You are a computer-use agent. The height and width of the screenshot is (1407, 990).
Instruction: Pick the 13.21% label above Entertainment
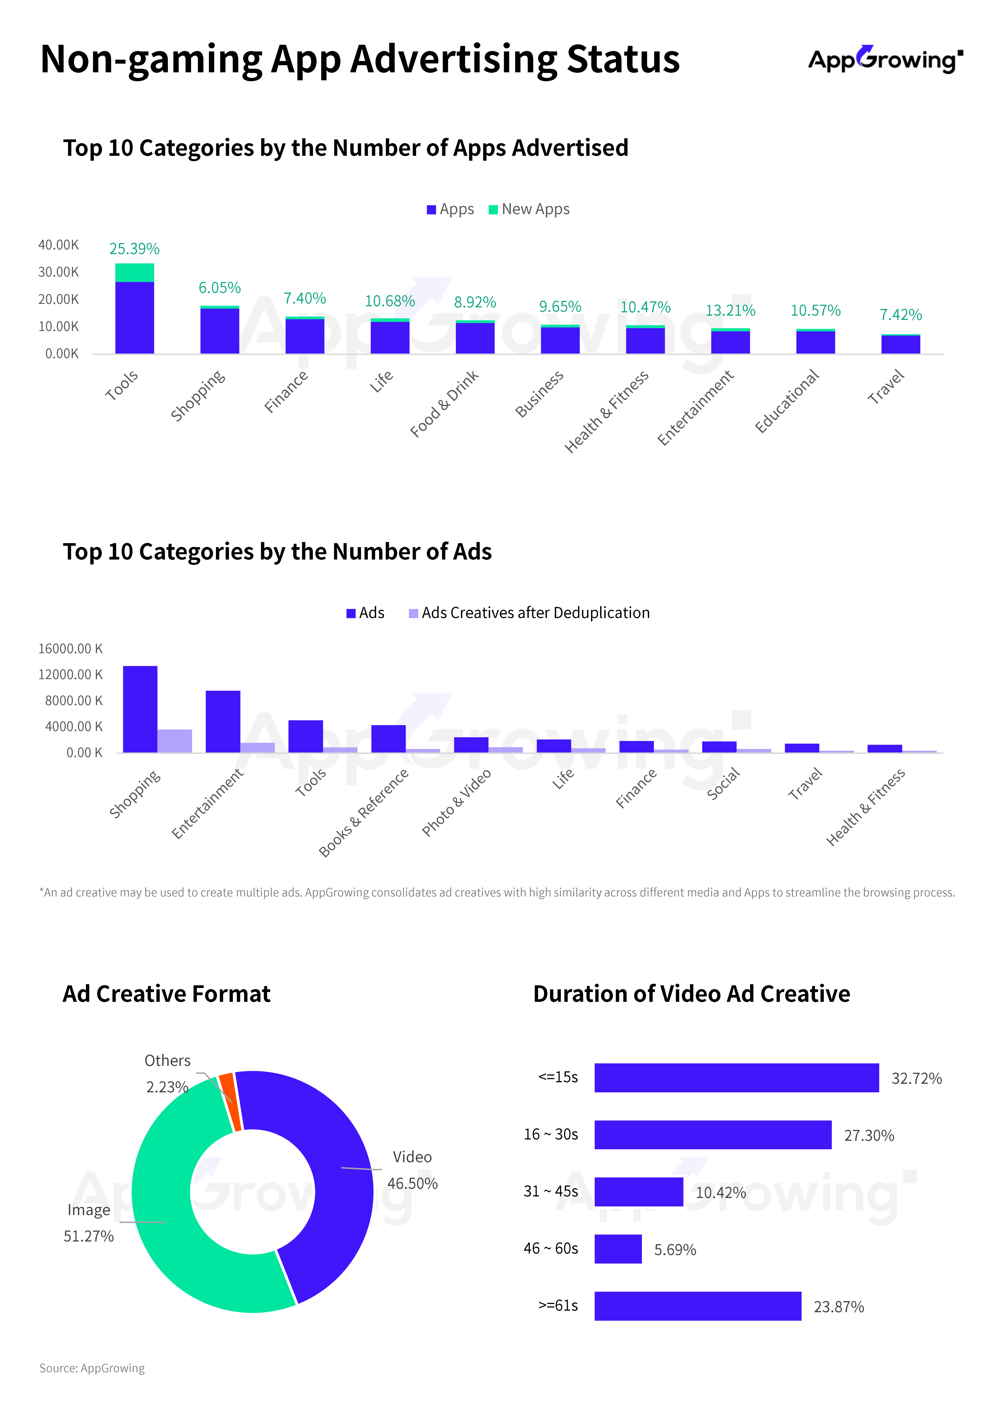730,311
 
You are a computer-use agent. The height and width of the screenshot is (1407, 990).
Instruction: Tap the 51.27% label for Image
89,1236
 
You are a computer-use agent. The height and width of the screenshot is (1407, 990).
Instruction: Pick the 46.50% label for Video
412,1183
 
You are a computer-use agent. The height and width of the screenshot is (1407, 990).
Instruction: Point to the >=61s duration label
557,1305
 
